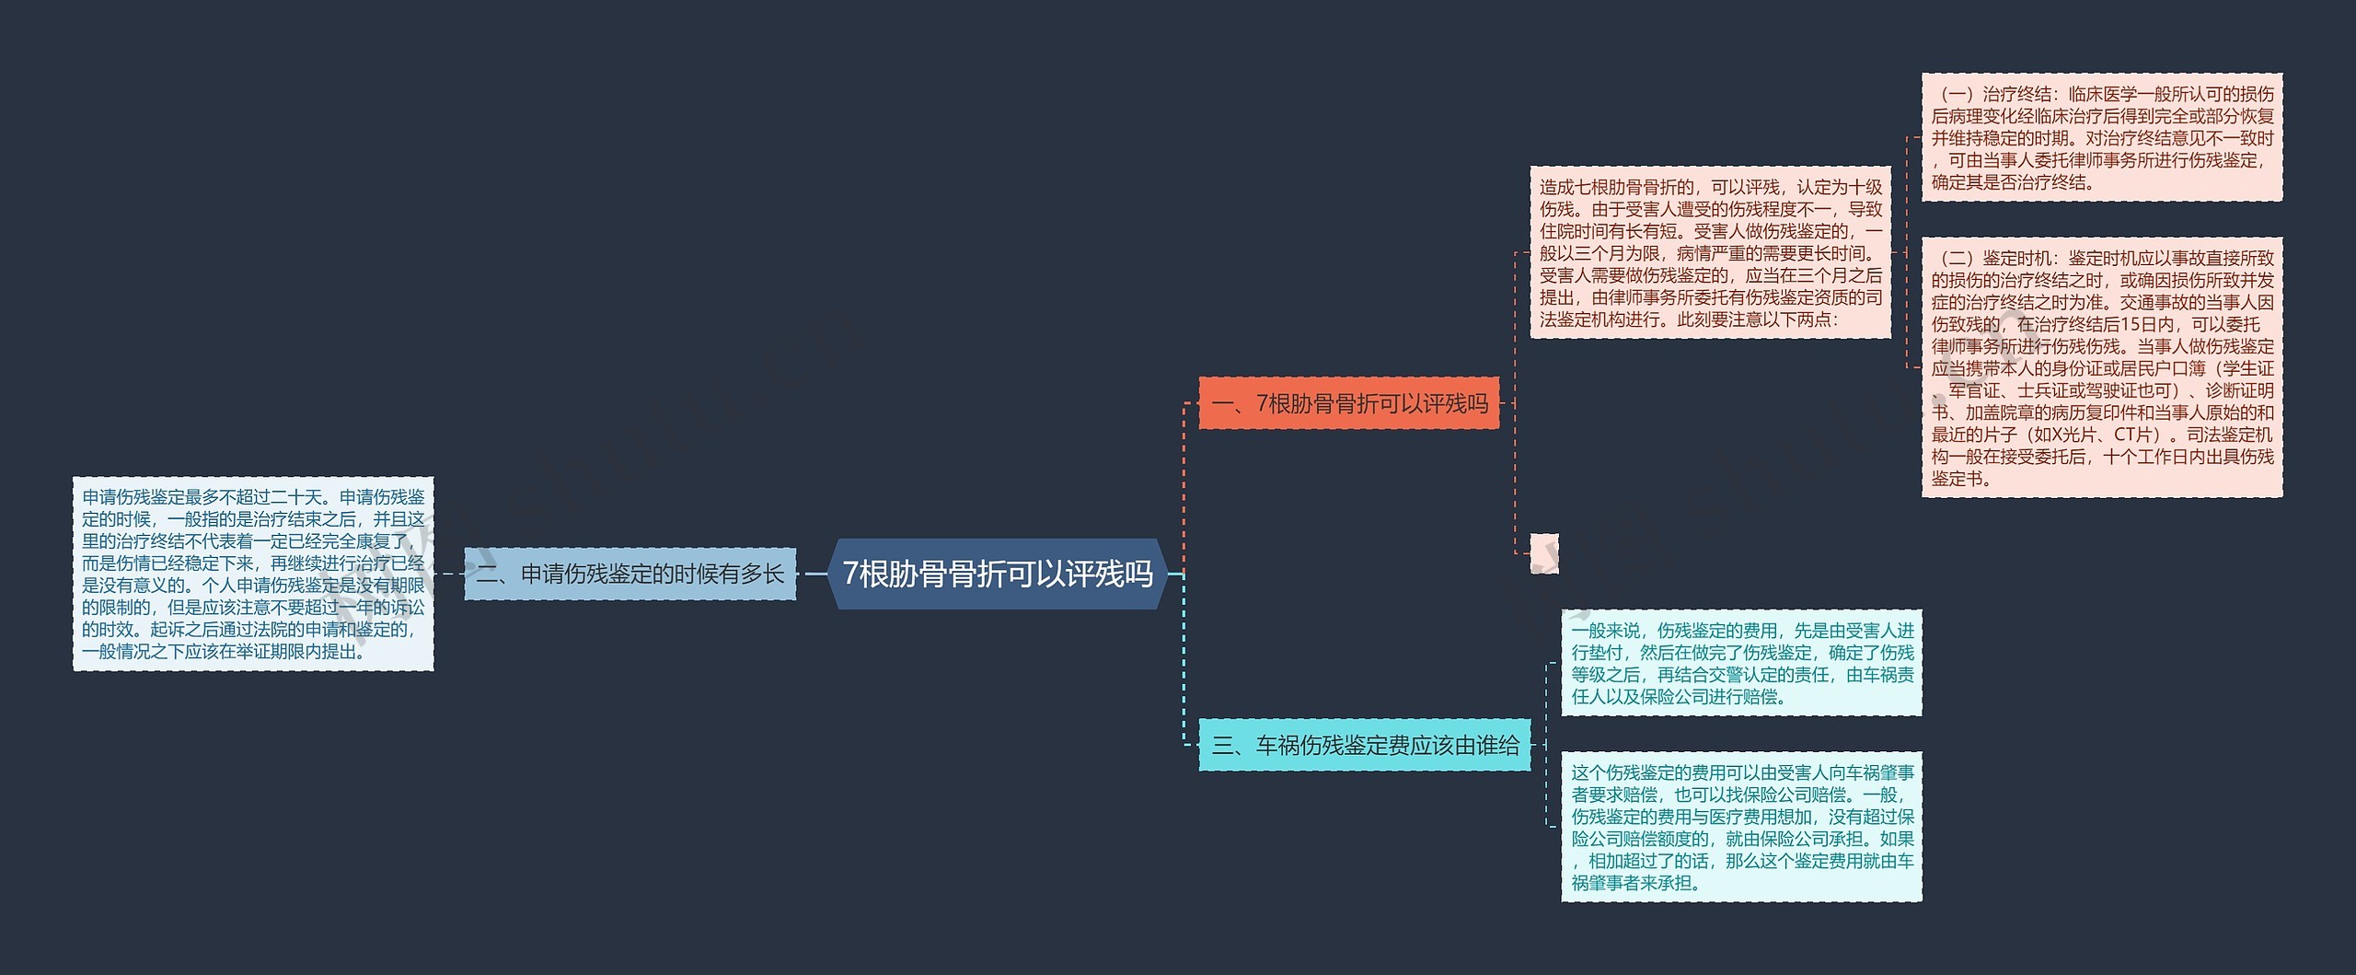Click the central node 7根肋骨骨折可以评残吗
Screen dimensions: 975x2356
click(998, 574)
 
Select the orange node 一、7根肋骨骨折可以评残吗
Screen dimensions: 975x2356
click(1349, 403)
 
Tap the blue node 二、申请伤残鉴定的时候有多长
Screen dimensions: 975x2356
click(629, 574)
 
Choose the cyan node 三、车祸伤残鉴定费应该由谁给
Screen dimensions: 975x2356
click(1365, 745)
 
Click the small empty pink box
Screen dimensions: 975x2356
click(1544, 553)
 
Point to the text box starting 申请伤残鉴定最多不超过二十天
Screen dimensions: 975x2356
click(253, 574)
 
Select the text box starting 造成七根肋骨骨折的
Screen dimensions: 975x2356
click(1710, 252)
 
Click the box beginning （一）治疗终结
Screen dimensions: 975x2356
click(2102, 137)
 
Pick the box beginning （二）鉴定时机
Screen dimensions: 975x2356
click(2102, 367)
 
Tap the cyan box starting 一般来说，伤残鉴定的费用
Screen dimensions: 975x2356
click(1741, 663)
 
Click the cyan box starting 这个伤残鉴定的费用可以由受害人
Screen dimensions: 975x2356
click(1741, 827)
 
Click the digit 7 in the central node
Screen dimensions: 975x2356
click(851, 574)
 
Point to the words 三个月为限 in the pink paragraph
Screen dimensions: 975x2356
click(1611, 253)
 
